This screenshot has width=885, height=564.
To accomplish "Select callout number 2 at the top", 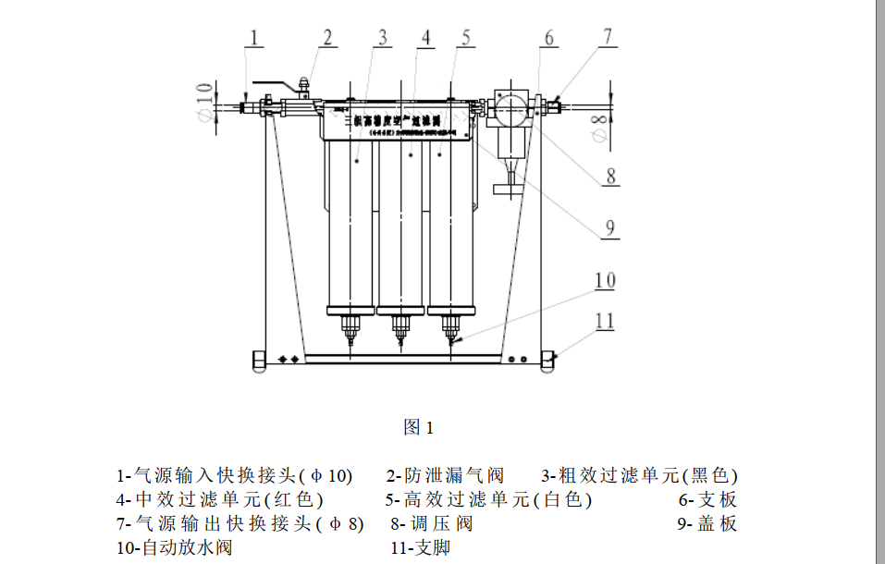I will [326, 37].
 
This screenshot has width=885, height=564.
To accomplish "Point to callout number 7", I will [608, 37].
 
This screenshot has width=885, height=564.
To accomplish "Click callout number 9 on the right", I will [609, 227].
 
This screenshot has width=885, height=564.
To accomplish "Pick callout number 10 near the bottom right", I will [605, 280].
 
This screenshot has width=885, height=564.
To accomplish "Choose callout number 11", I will [605, 321].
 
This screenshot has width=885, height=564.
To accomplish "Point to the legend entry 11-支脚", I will [420, 547].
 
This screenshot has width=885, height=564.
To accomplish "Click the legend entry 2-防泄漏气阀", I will [445, 476].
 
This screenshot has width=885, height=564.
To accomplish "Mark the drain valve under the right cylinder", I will [450, 327].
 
